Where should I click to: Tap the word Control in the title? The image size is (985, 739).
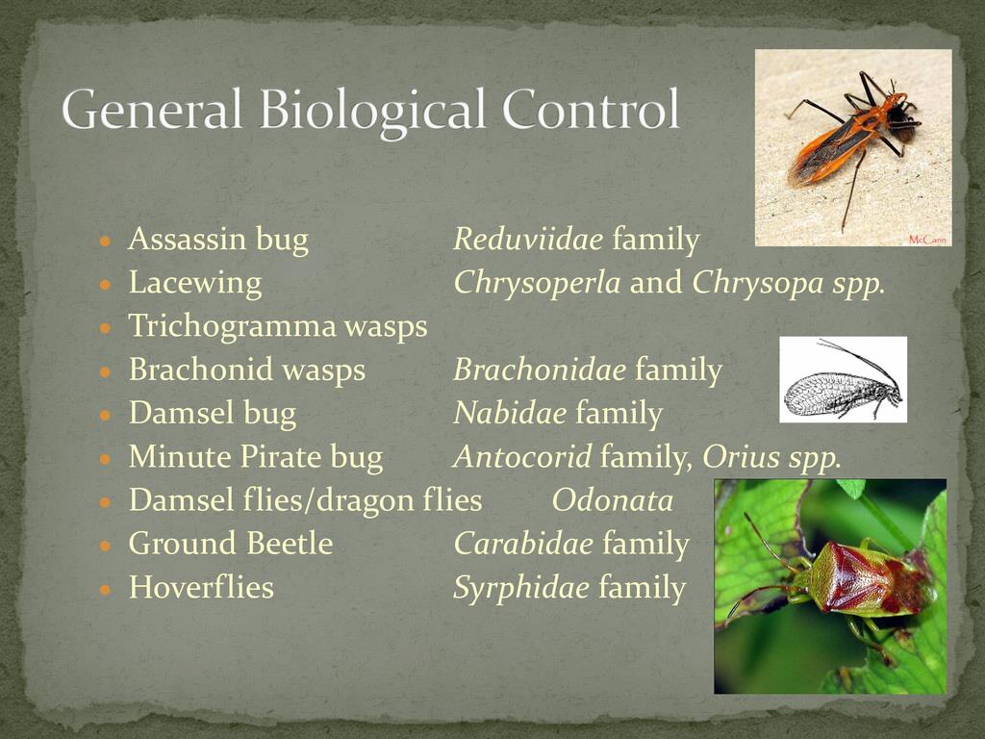point(592,108)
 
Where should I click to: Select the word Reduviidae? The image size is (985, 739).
point(528,239)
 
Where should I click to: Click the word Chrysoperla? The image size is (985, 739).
point(537,284)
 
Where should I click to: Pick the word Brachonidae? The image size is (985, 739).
point(540,369)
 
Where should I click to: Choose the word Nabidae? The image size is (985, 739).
point(510,413)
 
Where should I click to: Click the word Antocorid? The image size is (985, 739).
point(522,456)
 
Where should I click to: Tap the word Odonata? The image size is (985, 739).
point(613,500)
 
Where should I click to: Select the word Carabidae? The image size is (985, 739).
point(523,544)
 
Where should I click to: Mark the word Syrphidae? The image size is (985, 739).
point(521,589)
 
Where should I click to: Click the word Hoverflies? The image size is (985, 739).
point(201,587)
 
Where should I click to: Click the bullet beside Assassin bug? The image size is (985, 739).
point(106,241)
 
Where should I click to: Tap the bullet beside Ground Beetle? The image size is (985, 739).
point(106,546)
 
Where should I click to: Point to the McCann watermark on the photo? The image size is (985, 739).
point(927,240)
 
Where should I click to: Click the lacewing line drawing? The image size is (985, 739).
point(843,379)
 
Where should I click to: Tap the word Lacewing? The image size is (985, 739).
point(194,284)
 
